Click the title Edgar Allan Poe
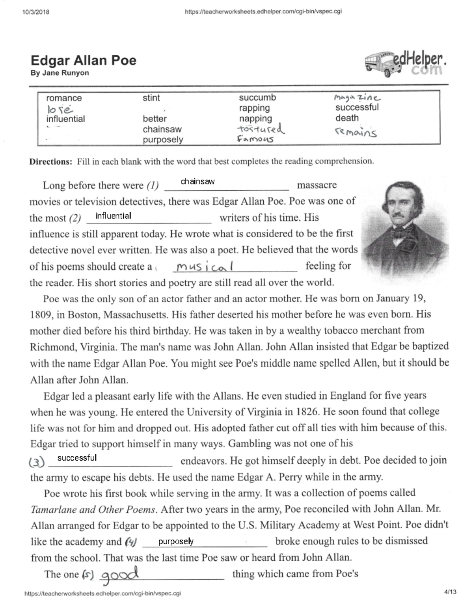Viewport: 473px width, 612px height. (83, 60)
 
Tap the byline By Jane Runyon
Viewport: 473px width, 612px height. (60, 73)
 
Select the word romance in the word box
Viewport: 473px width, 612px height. (64, 98)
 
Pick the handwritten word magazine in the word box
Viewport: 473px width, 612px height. (357, 97)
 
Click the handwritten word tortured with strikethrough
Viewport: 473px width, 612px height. (260, 129)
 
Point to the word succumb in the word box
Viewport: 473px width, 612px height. (257, 98)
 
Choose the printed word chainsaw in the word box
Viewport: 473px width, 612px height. (162, 129)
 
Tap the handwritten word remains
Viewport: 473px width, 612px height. (356, 133)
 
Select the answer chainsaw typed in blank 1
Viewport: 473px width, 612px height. (197, 182)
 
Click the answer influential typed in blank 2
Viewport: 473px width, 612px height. (113, 216)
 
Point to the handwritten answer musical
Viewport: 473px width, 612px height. (205, 267)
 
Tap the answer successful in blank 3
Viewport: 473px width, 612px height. (77, 458)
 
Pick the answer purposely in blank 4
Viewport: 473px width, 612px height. (176, 541)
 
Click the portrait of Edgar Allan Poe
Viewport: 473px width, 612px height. (406, 229)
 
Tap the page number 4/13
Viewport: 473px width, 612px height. (450, 592)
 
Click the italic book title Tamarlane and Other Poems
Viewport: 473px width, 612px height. (93, 510)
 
